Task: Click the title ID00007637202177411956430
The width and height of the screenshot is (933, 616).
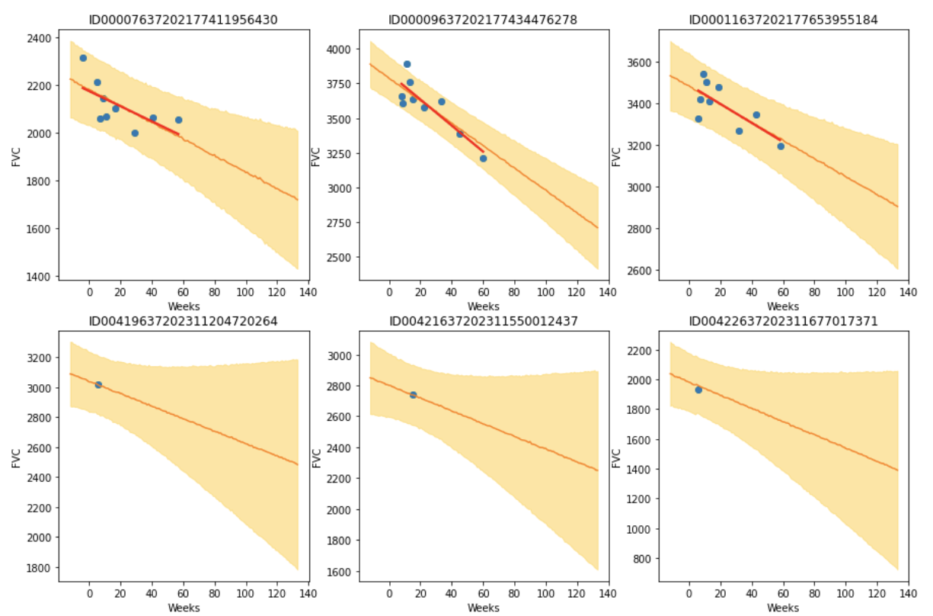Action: (x=184, y=19)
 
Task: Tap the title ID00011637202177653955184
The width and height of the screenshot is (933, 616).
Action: (x=783, y=19)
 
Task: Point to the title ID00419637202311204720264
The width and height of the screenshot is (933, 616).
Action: (x=184, y=321)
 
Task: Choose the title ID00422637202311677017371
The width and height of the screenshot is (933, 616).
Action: (x=783, y=321)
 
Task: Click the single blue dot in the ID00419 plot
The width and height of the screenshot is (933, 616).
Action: (x=98, y=385)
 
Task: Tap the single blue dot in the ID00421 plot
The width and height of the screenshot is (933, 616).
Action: (x=413, y=395)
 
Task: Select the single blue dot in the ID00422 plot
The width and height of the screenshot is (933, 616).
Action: (x=698, y=390)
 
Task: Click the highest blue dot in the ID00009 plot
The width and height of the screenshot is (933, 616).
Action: (x=407, y=64)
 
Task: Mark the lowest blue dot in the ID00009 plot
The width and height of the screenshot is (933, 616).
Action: (x=483, y=159)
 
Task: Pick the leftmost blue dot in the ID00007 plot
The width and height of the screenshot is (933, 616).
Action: (x=83, y=58)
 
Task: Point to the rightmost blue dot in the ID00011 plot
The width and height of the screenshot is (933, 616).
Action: (x=781, y=146)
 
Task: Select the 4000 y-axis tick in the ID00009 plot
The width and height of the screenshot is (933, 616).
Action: (x=340, y=50)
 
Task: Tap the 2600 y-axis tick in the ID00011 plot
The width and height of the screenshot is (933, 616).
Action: (x=641, y=271)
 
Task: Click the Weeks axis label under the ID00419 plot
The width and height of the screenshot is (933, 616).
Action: (x=184, y=608)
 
